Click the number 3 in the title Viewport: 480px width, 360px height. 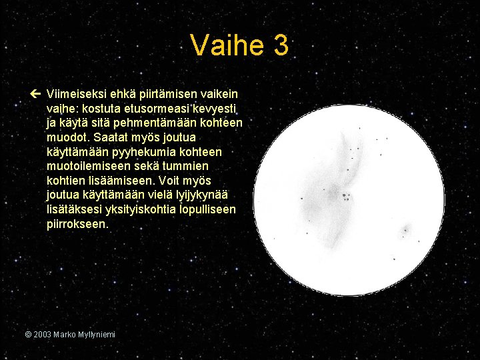[280, 46]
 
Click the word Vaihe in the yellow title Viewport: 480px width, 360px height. [227, 46]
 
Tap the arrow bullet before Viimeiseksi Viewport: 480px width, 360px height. [35, 95]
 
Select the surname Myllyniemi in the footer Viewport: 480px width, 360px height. [94, 334]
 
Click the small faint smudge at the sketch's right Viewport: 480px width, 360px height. [405, 231]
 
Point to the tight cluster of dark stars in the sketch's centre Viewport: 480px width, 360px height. [346, 197]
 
